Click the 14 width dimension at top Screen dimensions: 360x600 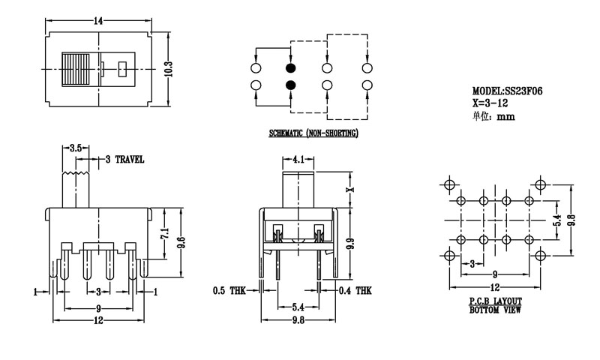click(x=99, y=21)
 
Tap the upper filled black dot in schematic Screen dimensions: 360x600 click(x=291, y=69)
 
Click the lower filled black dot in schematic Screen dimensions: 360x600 click(x=291, y=85)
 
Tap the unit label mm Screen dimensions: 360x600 click(x=505, y=116)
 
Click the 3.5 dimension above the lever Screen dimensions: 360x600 click(x=75, y=148)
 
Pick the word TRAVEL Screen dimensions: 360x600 click(x=130, y=160)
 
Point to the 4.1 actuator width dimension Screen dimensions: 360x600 click(x=298, y=159)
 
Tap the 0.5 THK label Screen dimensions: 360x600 click(x=231, y=289)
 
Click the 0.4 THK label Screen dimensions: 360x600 click(x=355, y=289)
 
